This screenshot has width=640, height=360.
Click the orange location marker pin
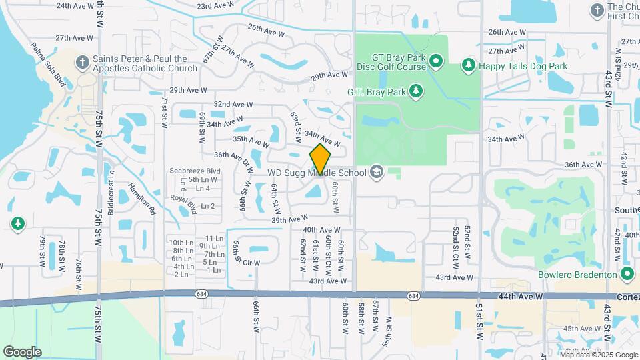pyautogui.click(x=321, y=159)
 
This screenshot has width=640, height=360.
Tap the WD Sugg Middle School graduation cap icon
pyautogui.click(x=377, y=173)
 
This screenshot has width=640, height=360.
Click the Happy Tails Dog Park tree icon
pyautogui.click(x=469, y=65)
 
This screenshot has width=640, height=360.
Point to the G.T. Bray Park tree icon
pyautogui.click(x=417, y=91)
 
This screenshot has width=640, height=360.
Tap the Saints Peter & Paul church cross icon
pyautogui.click(x=83, y=63)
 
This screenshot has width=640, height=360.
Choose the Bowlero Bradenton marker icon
pyautogui.click(x=627, y=274)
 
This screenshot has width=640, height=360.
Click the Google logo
pyautogui.click(x=22, y=351)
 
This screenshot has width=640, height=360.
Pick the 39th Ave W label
pyautogui.click(x=289, y=219)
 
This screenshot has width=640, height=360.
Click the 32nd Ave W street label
pyautogui.click(x=233, y=105)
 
